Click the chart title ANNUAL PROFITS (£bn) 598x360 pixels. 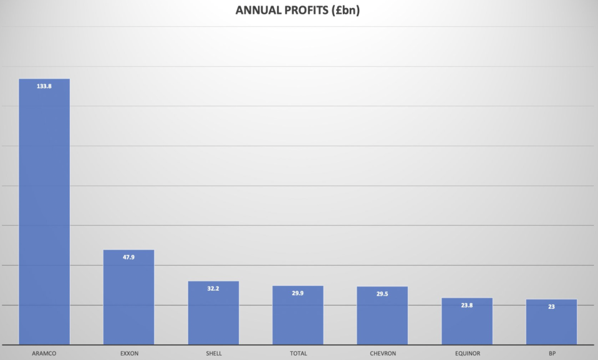(x=299, y=11)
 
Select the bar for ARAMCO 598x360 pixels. (x=44, y=212)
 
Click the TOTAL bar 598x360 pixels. (x=298, y=315)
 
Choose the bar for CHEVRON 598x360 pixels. (x=382, y=316)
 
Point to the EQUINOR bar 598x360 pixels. (x=467, y=321)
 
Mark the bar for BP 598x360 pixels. (x=551, y=322)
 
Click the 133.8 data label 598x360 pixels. (x=44, y=86)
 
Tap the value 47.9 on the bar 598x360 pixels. (x=128, y=257)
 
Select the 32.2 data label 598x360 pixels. (x=213, y=289)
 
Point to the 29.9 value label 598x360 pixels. (x=298, y=293)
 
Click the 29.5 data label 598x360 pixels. (x=382, y=294)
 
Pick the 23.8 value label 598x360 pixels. (x=467, y=305)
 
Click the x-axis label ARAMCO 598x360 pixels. (x=44, y=354)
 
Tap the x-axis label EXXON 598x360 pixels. (x=128, y=354)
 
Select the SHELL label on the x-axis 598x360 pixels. (x=213, y=354)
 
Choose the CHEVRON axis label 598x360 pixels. (x=382, y=354)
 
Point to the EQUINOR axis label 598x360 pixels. (x=467, y=354)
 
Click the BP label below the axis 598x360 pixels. (x=552, y=354)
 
